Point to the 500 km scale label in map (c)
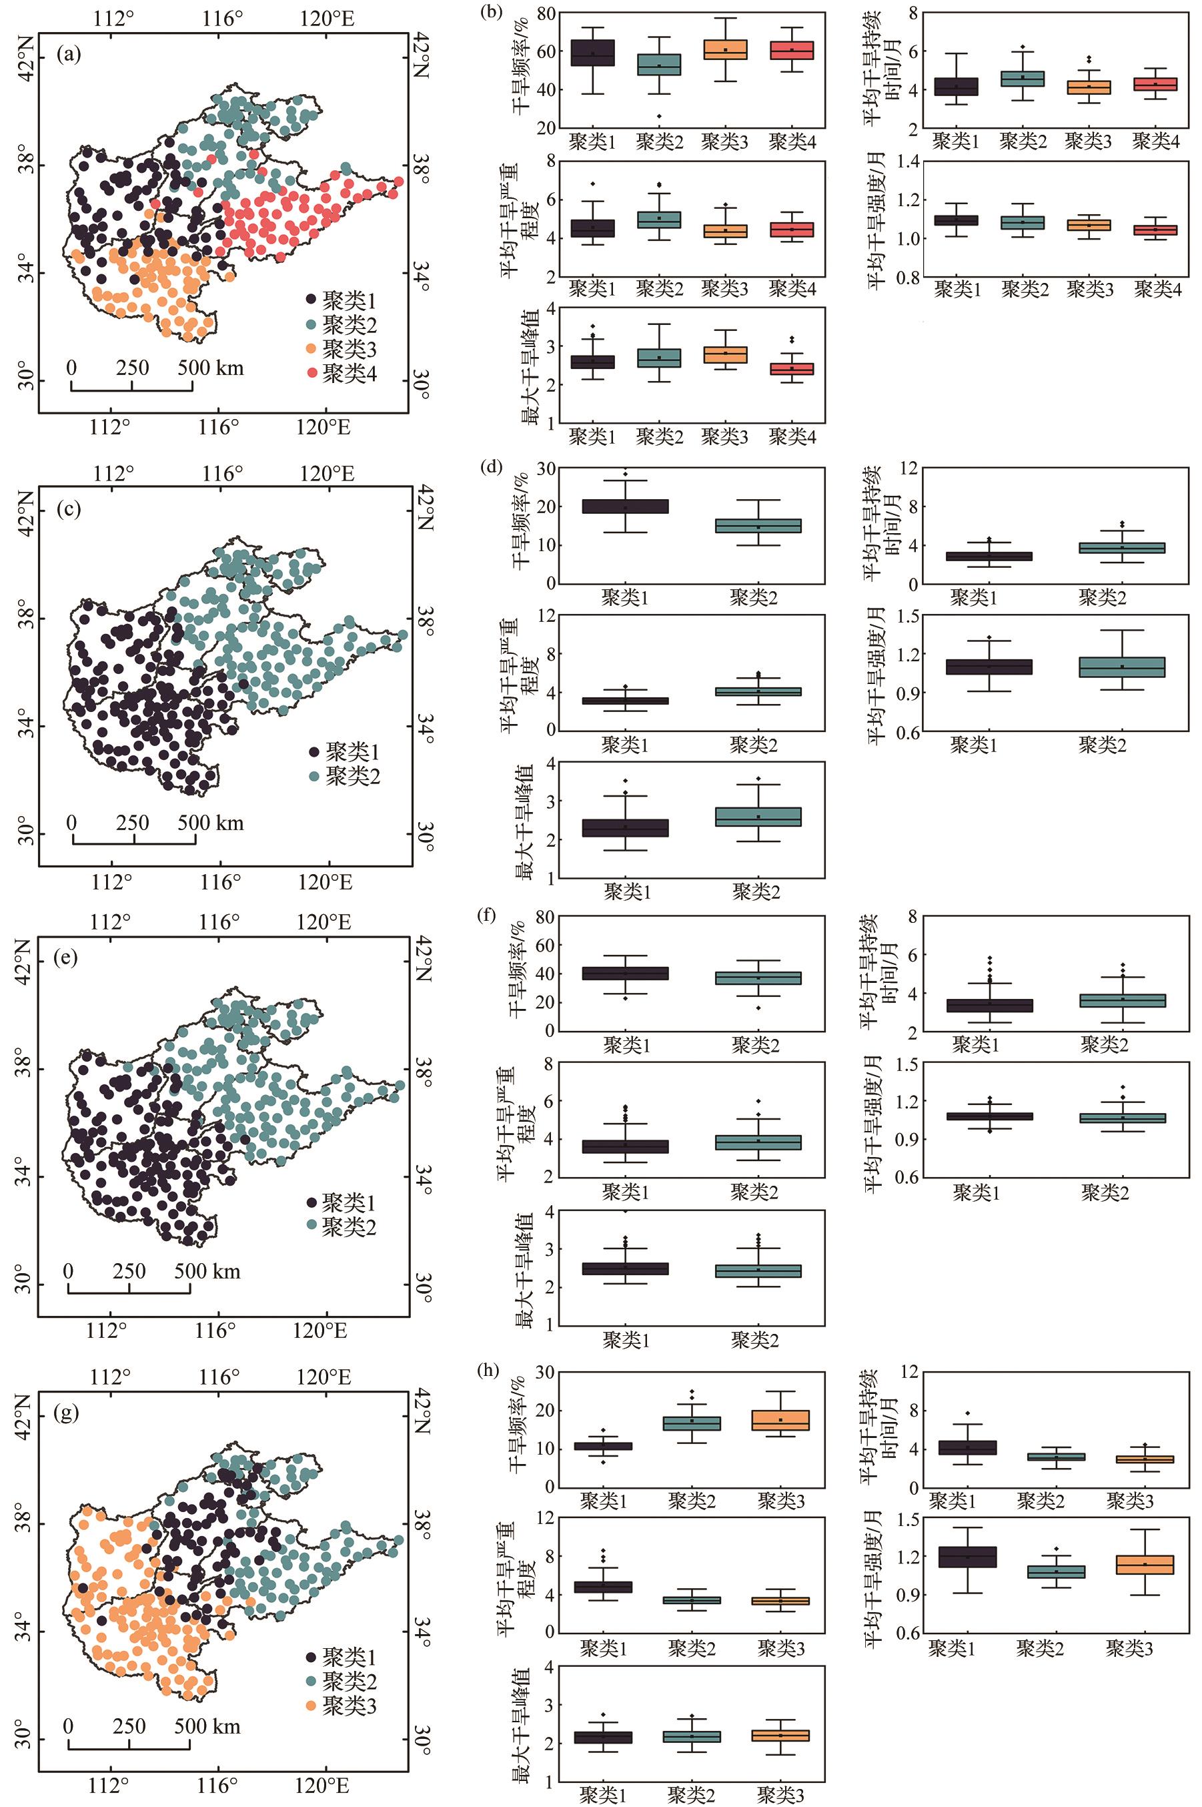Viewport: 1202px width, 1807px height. (211, 823)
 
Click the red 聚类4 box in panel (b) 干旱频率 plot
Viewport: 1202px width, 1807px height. (792, 50)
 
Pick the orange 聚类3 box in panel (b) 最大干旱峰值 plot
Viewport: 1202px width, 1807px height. (725, 355)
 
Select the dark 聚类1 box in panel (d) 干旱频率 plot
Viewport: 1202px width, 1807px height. (626, 506)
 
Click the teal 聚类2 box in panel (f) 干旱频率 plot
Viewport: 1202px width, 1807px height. (756, 978)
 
